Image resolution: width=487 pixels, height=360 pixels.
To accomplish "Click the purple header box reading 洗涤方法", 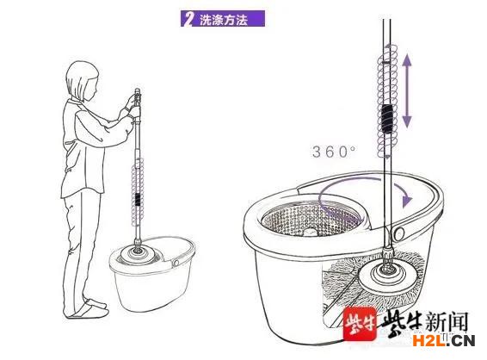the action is tap(223, 19).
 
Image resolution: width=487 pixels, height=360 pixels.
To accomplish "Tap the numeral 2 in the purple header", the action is tap(188, 19).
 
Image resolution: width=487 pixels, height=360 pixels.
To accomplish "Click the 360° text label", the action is tap(334, 152).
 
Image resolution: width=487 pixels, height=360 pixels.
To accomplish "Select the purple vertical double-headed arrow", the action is tap(407, 91).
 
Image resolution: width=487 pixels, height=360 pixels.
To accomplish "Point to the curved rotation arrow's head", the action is tap(406, 198).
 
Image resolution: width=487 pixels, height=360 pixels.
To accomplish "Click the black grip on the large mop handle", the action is tap(387, 118).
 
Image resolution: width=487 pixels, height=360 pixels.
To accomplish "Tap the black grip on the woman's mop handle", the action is tap(138, 199).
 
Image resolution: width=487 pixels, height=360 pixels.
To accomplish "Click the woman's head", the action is tap(82, 81).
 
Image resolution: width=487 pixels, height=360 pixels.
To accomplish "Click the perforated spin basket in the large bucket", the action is tap(312, 217).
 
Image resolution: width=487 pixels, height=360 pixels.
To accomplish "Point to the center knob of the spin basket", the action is tap(311, 232).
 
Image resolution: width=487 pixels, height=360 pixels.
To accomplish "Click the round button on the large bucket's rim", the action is tap(399, 233).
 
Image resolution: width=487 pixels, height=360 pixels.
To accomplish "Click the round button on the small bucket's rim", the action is tap(176, 263).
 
